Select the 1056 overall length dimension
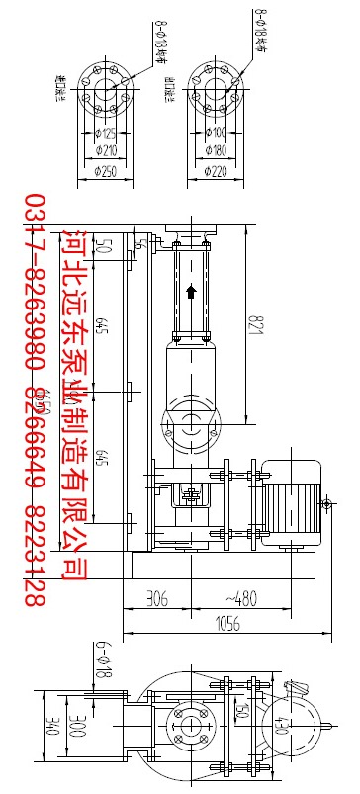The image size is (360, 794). point(228,625)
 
